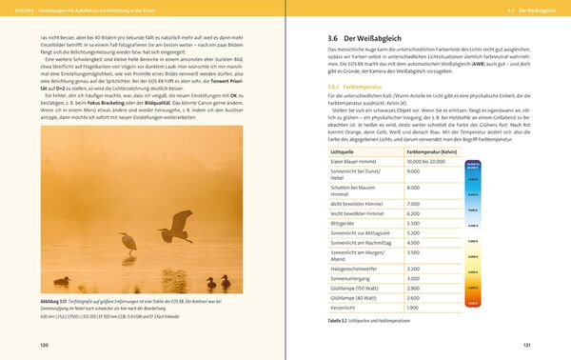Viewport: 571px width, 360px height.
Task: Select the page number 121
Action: [526, 346]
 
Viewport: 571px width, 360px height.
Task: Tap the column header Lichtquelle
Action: [343, 151]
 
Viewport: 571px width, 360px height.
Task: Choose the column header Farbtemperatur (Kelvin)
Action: [435, 151]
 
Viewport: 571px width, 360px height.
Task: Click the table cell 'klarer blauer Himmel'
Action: [352, 162]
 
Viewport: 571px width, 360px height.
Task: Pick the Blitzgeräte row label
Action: [346, 222]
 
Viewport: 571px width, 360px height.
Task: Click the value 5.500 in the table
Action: [414, 222]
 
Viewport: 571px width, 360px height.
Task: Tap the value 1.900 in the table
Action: [414, 308]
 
